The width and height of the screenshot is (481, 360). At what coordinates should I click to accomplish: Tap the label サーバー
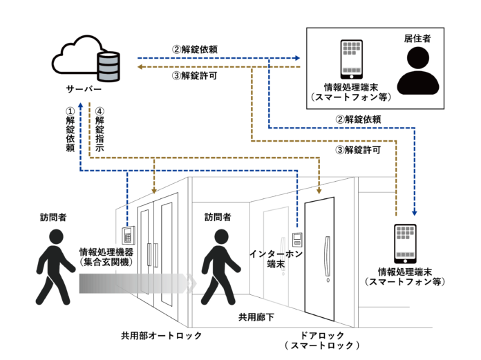pyautogui.click(x=84, y=91)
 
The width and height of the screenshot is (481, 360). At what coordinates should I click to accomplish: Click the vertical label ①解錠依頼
pyautogui.click(x=69, y=129)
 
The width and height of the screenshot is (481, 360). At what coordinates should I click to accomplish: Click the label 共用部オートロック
pyautogui.click(x=160, y=335)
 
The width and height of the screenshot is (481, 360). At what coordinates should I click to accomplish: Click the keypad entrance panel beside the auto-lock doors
pyautogui.click(x=128, y=235)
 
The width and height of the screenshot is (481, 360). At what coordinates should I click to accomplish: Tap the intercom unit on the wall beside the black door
pyautogui.click(x=298, y=240)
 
